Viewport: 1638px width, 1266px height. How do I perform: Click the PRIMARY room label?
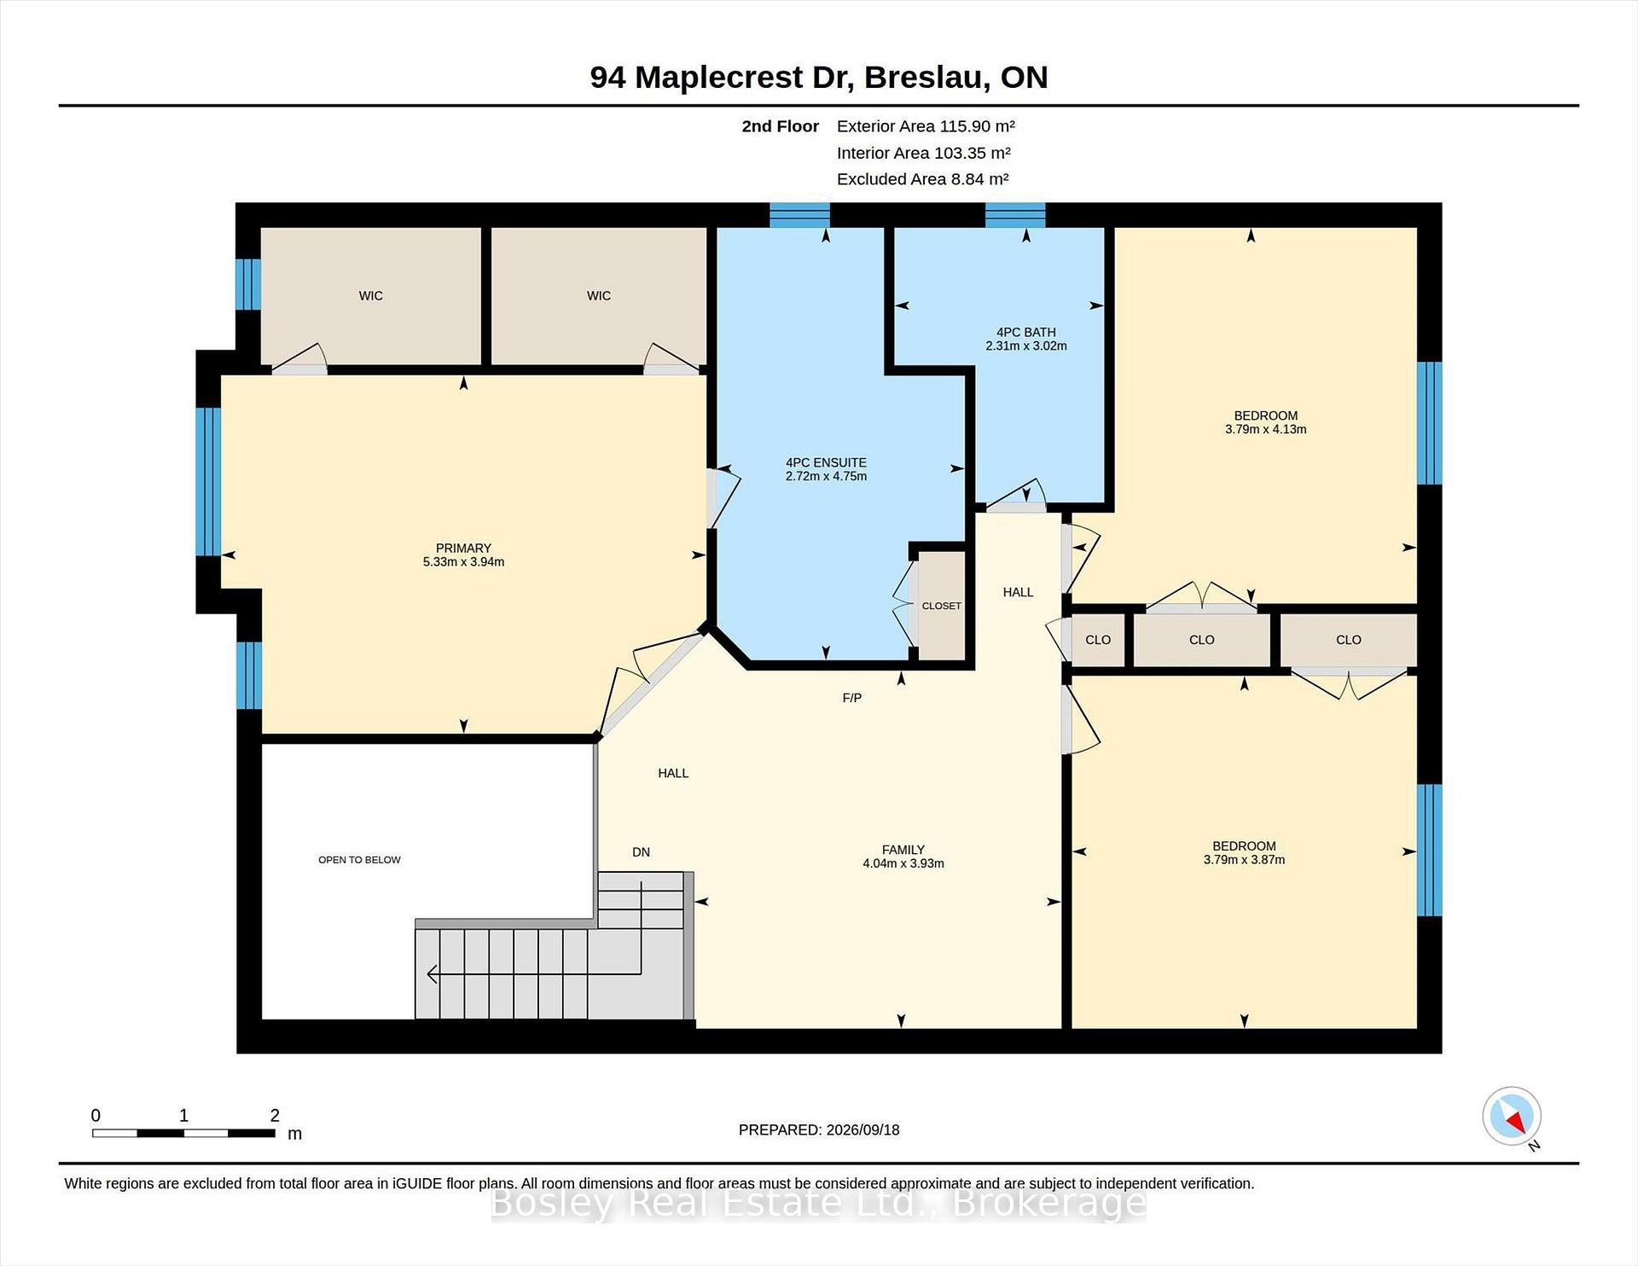point(463,548)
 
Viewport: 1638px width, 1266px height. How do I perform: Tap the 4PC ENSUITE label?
point(826,462)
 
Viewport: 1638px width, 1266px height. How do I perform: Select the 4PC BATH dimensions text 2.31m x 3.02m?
point(1026,346)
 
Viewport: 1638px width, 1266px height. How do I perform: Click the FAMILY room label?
point(903,850)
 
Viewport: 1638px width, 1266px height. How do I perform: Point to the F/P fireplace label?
point(852,698)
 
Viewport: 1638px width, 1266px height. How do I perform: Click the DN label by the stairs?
point(642,852)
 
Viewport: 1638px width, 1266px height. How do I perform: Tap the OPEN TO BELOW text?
point(359,860)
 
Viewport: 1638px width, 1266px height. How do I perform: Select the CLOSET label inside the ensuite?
point(942,606)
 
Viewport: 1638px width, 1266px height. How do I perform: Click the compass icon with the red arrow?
point(1512,1116)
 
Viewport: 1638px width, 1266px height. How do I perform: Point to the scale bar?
point(183,1133)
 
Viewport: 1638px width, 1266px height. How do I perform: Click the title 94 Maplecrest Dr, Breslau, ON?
point(819,77)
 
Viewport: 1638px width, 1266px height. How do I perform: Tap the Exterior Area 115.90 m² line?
point(926,126)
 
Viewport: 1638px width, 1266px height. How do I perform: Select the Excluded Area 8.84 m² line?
point(922,179)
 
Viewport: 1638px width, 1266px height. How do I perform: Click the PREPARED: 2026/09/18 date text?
point(819,1130)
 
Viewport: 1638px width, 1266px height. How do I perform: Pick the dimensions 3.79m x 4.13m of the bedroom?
point(1266,429)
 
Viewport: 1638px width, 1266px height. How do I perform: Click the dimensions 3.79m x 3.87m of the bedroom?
point(1245,860)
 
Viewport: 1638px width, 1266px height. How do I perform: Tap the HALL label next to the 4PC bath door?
point(1019,592)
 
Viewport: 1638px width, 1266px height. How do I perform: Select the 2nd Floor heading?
point(780,126)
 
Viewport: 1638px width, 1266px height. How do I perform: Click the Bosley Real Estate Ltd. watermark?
point(819,1203)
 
